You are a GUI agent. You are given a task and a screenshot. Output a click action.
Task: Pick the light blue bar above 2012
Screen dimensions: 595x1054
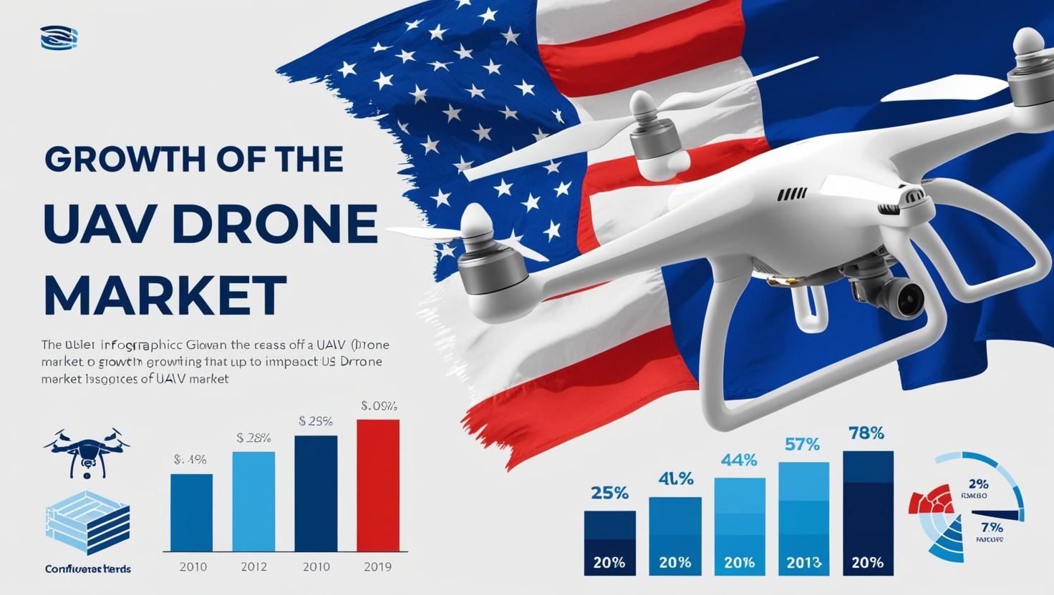coord(253,501)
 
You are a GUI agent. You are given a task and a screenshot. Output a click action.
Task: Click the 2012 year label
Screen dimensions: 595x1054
coord(253,566)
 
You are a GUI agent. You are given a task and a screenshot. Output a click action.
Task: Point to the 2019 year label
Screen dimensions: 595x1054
coord(377,566)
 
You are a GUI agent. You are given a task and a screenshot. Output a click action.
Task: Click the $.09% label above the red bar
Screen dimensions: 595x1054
coord(379,406)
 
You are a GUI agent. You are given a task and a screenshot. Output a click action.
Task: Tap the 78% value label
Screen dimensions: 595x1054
coord(866,433)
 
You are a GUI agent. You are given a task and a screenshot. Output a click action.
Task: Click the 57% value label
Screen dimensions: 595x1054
coord(802,445)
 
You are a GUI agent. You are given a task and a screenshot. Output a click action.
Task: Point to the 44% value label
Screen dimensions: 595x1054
coord(739,461)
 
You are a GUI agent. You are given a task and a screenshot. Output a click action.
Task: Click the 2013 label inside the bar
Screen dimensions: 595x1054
coord(803,562)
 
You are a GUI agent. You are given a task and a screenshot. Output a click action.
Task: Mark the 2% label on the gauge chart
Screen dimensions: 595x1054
coord(977,483)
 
